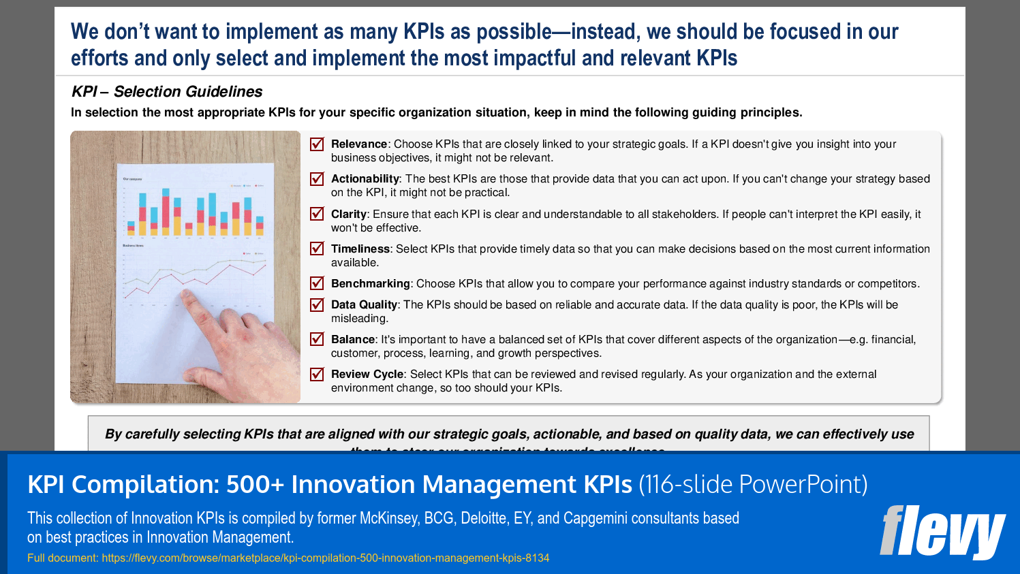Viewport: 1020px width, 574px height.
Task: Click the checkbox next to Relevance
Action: pos(317,144)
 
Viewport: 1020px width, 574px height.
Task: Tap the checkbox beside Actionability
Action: pos(317,179)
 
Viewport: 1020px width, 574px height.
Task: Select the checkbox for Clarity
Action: pos(317,214)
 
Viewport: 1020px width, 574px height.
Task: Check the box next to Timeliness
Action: pos(317,249)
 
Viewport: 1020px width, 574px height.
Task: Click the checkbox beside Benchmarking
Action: pos(317,283)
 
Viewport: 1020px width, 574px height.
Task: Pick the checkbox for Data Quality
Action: pos(317,304)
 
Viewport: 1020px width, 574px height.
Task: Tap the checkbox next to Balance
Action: pos(317,339)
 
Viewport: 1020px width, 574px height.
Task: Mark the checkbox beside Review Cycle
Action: pos(317,374)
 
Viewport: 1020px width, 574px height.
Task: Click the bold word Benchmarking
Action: pos(370,283)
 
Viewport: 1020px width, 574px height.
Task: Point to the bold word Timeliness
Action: pos(360,249)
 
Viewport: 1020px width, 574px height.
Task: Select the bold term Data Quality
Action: pos(364,304)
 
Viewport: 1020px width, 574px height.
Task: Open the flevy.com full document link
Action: pos(325,558)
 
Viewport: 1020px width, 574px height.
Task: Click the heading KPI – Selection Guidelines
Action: pos(167,91)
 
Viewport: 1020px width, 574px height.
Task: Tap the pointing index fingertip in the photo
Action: pos(185,294)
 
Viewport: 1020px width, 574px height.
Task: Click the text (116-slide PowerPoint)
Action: pos(753,484)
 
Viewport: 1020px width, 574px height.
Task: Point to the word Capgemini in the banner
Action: pos(595,518)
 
